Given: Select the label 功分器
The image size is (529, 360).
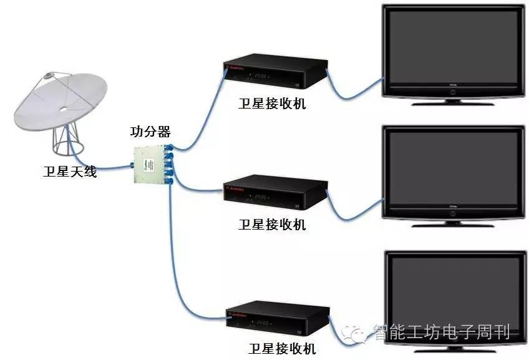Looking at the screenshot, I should point(150,132).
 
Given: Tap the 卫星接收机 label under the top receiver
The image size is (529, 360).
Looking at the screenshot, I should point(272,104).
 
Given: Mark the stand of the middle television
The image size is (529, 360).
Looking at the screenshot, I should point(452,221).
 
